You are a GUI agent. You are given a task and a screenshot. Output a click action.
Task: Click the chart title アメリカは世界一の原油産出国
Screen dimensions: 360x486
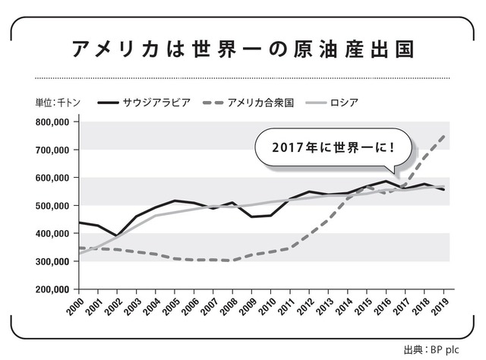243,48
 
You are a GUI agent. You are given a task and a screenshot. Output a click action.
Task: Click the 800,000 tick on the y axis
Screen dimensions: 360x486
52,122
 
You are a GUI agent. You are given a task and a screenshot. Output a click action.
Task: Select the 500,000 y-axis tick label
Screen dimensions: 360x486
52,206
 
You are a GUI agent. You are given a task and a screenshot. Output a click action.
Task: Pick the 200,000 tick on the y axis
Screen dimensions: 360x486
52,289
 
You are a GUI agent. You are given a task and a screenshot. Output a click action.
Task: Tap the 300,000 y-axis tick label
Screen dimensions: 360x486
52,261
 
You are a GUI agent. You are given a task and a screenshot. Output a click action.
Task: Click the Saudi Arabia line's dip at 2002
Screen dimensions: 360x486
116,235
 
